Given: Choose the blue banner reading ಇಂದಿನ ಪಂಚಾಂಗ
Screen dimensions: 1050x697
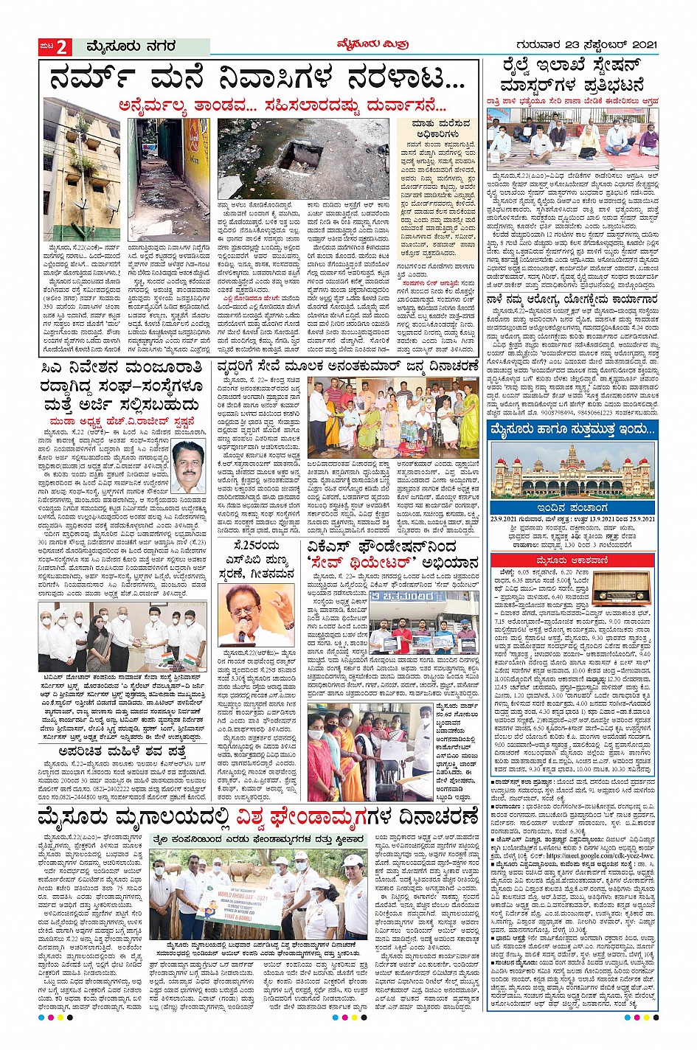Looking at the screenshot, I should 572,508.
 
